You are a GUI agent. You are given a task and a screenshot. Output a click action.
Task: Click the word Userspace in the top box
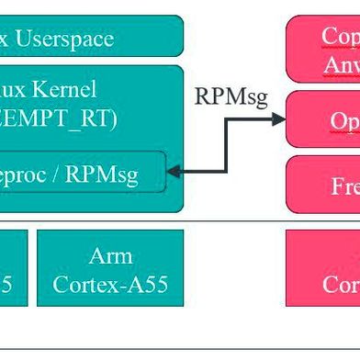pos(66,39)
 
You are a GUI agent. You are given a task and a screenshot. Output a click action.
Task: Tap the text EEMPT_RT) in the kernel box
pos(58,119)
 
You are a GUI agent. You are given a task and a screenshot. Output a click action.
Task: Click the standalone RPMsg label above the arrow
pos(231,96)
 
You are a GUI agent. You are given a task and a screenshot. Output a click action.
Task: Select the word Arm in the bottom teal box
pos(110,255)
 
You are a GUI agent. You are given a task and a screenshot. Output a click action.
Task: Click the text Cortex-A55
pos(110,284)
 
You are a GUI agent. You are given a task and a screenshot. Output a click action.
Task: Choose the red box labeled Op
pos(323,119)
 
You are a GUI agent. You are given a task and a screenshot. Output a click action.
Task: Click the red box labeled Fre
pos(323,185)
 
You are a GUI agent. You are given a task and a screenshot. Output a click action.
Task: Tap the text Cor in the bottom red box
pos(340,284)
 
